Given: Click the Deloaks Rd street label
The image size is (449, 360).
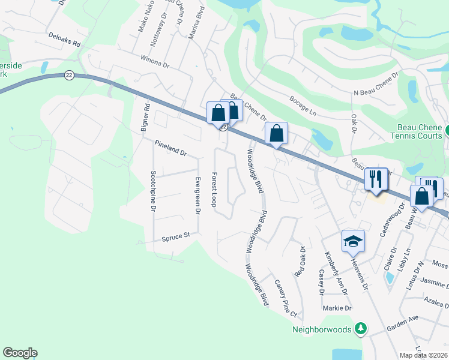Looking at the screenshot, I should pyautogui.click(x=64, y=40).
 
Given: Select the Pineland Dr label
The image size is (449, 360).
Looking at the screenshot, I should pyautogui.click(x=171, y=148).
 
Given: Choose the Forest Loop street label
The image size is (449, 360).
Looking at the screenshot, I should pyautogui.click(x=213, y=190).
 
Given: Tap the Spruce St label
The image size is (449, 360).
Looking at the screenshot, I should pyautogui.click(x=175, y=237).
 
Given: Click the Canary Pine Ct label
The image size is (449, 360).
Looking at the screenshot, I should pyautogui.click(x=285, y=298).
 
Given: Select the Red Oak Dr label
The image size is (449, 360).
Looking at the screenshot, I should pyautogui.click(x=300, y=261).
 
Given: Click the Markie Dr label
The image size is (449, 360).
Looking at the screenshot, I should pyautogui.click(x=337, y=308).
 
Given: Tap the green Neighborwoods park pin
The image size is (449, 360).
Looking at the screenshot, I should pyautogui.click(x=360, y=328).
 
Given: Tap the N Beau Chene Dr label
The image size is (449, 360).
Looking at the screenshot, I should pyautogui.click(x=376, y=85).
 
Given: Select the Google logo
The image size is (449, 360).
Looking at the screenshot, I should pyautogui.click(x=20, y=353).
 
